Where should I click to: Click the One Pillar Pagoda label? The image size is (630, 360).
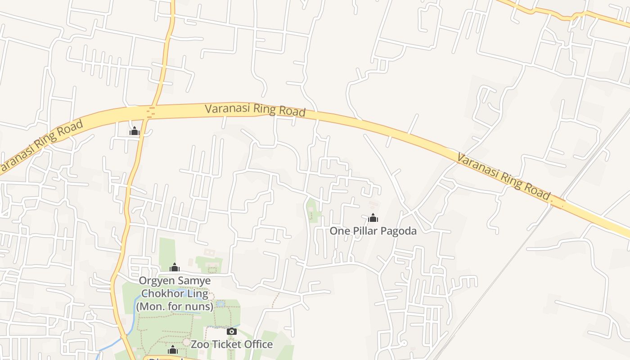click(373, 231)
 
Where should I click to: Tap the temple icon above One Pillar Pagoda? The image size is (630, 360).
click(373, 218)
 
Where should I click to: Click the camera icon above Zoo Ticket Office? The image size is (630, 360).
click(231, 332)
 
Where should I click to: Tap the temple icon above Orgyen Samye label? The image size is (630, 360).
click(175, 268)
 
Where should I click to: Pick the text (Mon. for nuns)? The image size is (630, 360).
click(174, 307)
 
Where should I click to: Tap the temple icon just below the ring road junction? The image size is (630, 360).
click(135, 131)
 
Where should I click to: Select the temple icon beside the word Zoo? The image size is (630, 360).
click(173, 350)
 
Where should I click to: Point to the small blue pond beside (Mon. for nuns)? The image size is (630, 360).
click(220, 304)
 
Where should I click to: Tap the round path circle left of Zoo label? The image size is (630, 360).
click(186, 342)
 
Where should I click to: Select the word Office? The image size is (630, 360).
click(258, 344)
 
